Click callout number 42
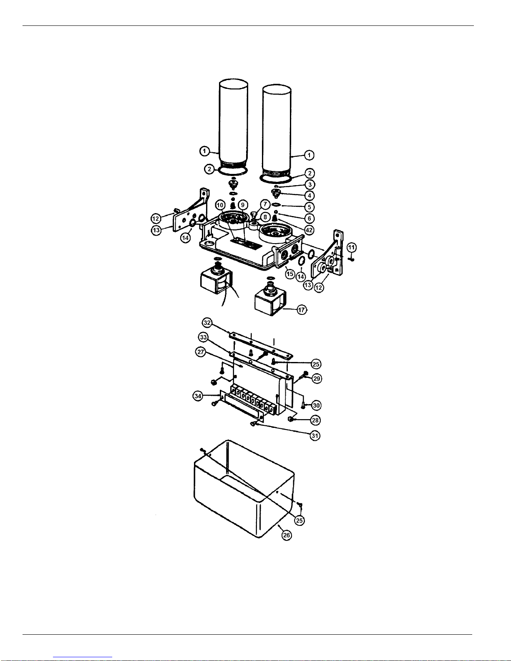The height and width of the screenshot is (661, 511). pyautogui.click(x=309, y=230)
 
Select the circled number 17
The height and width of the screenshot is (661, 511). pyautogui.click(x=302, y=310)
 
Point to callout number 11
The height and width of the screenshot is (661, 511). pyautogui.click(x=352, y=247)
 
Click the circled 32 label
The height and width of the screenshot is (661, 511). pyautogui.click(x=207, y=322)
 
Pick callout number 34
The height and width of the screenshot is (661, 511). pyautogui.click(x=198, y=396)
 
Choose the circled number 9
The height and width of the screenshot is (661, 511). pyautogui.click(x=243, y=205)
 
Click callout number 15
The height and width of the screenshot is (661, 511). pyautogui.click(x=290, y=274)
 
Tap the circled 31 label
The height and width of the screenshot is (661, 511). pyautogui.click(x=315, y=436)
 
